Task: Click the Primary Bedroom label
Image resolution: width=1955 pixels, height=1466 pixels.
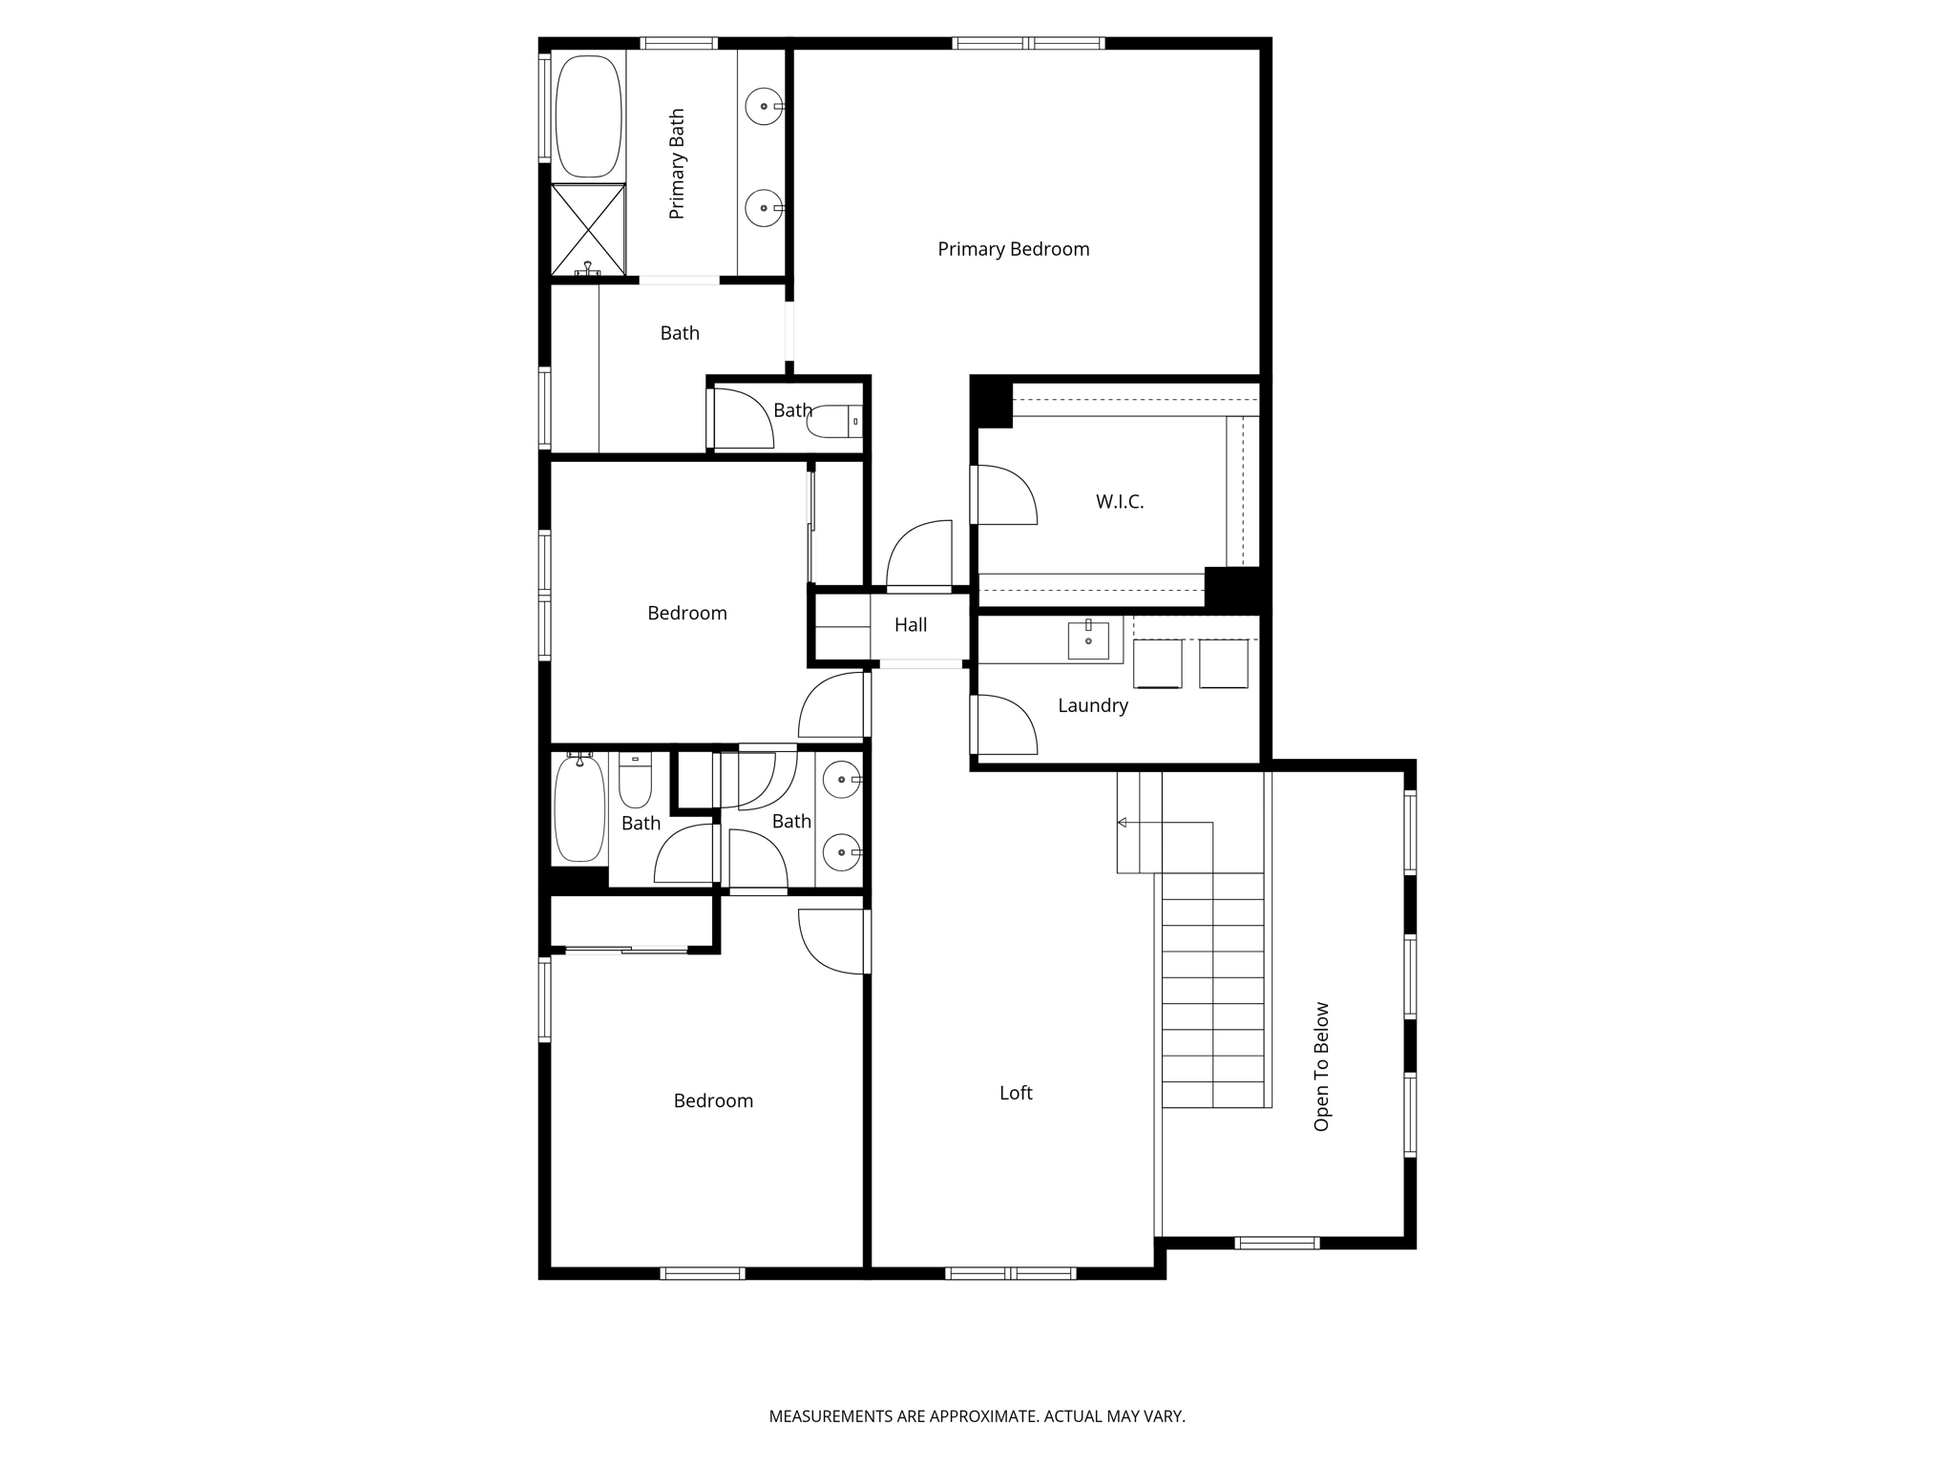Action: click(x=1013, y=249)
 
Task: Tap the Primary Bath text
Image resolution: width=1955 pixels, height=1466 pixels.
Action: click(x=677, y=164)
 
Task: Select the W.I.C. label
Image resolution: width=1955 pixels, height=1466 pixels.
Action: click(x=1119, y=501)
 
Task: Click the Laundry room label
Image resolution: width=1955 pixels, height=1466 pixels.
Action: click(x=1092, y=705)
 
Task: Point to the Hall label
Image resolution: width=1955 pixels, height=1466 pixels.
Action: click(x=911, y=625)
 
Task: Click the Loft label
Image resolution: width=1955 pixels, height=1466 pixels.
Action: click(x=1016, y=1093)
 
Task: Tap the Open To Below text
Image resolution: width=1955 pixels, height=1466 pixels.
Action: click(x=1321, y=1066)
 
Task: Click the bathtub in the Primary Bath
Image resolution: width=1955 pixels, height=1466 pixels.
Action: click(x=589, y=115)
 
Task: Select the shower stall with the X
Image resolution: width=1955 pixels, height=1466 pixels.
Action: click(x=588, y=230)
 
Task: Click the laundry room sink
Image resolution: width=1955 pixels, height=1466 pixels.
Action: click(x=1088, y=639)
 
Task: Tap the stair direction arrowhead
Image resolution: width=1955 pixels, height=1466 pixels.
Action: click(x=1123, y=823)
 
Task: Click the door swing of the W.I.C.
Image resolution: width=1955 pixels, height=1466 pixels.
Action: click(x=1004, y=494)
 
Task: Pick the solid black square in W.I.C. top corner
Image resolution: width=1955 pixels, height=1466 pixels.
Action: click(x=992, y=402)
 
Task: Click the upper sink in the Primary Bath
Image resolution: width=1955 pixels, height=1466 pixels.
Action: click(x=764, y=106)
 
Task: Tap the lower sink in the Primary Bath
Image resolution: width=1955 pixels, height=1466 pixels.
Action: click(x=764, y=207)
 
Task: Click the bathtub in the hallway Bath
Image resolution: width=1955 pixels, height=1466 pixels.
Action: click(x=579, y=807)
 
